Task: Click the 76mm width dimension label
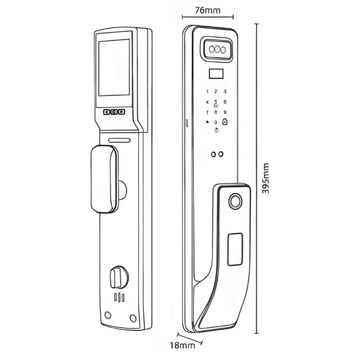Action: tap(207, 11)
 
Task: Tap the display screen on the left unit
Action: tap(114, 67)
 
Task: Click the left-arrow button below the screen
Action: tap(107, 112)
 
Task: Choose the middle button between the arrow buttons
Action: tap(114, 112)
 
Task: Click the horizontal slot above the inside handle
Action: tap(120, 140)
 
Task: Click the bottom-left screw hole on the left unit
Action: tap(108, 315)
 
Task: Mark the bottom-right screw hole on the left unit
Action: tap(133, 318)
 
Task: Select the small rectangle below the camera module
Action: tap(216, 74)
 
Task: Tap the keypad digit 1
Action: tap(208, 92)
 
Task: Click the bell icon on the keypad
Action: tap(207, 122)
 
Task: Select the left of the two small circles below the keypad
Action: tap(214, 154)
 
